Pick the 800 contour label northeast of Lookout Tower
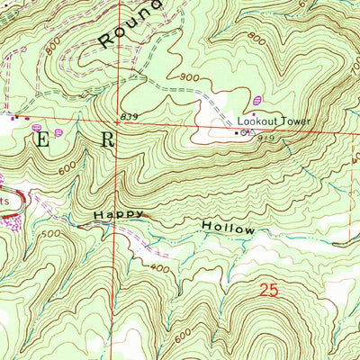pos(259,40)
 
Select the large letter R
pos(108,139)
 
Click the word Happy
pos(116,217)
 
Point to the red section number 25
pos(265,290)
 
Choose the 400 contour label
pos(161,268)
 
